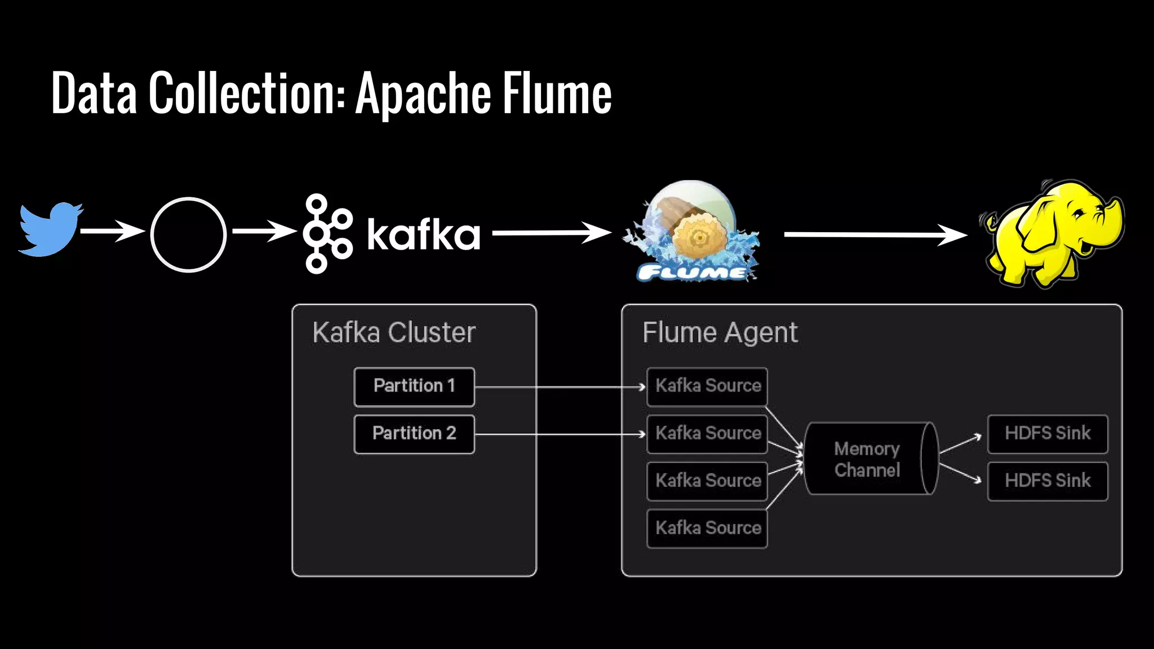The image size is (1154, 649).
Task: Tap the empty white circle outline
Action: [x=188, y=234]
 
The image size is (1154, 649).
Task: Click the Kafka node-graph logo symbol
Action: [x=326, y=234]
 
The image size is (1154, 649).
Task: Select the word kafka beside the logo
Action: [x=423, y=234]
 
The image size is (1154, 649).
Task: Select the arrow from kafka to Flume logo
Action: [x=551, y=233]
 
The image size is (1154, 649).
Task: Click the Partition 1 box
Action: [x=414, y=386]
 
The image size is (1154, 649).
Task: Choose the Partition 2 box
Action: [x=414, y=434]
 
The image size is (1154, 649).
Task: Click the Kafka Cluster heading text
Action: [x=394, y=332]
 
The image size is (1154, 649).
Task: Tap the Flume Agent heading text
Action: [x=720, y=332]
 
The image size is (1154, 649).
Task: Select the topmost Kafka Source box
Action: [x=707, y=386]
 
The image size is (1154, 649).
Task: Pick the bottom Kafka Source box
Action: [x=707, y=528]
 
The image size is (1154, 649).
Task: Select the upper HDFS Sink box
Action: [x=1048, y=434]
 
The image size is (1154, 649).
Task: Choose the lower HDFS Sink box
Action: [x=1048, y=481]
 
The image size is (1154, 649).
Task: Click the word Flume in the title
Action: [x=557, y=93]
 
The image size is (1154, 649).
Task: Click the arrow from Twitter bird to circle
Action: [x=112, y=231]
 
